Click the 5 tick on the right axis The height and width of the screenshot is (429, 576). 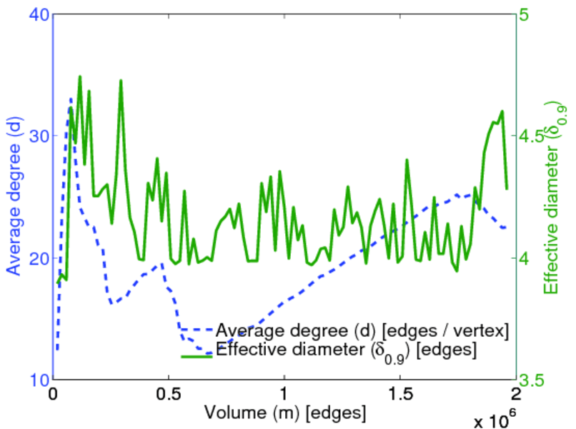[533, 14]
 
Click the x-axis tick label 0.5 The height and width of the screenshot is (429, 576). [169, 395]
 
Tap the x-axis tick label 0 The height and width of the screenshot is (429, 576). [53, 395]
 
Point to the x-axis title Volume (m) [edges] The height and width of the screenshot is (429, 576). [285, 413]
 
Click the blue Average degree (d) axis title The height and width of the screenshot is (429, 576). [14, 197]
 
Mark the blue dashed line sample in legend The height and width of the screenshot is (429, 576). [197, 330]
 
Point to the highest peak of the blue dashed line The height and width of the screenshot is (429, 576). [71, 99]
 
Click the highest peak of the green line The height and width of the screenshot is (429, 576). [80, 76]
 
